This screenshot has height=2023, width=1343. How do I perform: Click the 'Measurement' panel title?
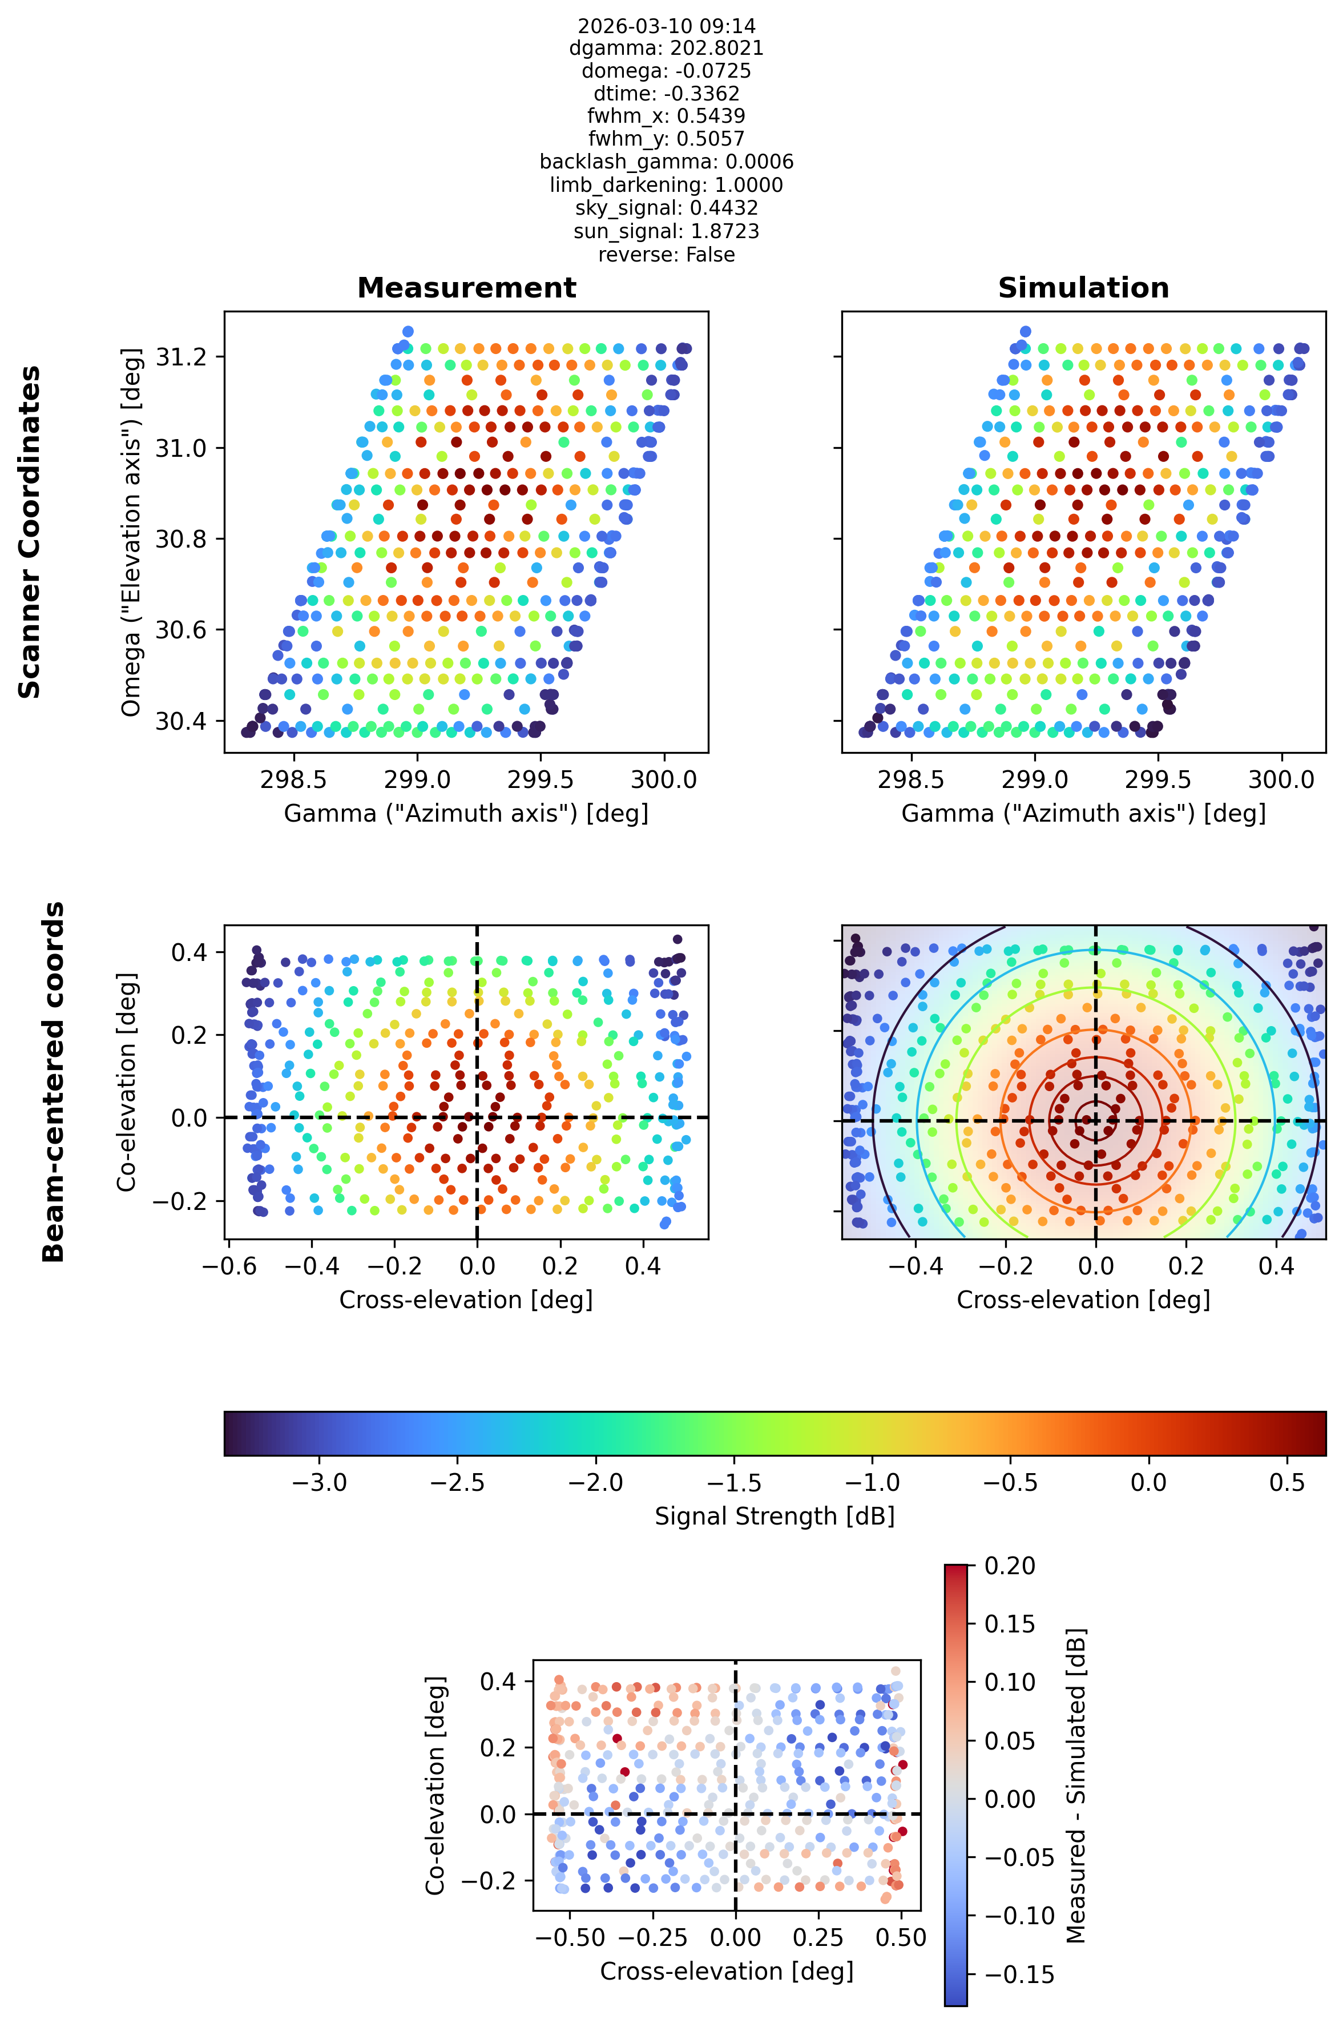467,288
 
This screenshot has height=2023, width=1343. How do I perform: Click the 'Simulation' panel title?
1083,288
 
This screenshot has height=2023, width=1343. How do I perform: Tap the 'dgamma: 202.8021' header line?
666,48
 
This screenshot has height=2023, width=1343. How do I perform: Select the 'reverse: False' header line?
666,255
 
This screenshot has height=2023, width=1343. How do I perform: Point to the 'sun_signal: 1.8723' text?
666,231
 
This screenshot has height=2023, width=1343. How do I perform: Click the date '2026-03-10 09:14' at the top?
666,26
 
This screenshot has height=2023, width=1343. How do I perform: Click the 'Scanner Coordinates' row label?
30,532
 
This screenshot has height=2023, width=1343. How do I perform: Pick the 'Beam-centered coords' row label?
53,1081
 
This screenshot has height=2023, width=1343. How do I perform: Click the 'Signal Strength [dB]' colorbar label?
775,1516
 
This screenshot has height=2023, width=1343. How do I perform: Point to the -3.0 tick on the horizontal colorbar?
320,1482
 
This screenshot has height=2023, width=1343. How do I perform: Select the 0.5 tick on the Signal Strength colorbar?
1286,1482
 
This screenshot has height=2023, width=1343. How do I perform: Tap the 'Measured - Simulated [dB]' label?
1076,1785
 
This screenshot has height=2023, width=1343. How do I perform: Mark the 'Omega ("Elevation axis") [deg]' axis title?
131,532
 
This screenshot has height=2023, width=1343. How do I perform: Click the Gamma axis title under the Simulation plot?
1083,813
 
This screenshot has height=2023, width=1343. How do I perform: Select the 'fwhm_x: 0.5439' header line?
666,116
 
